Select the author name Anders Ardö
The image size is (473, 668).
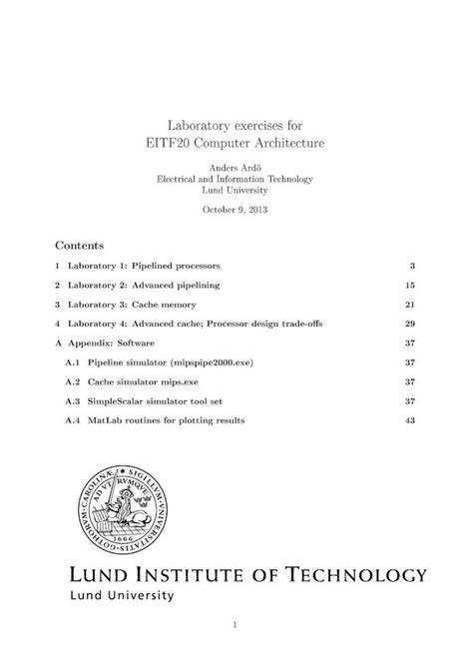point(236,167)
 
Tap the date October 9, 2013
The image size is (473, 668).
point(236,211)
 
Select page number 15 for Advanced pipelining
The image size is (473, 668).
point(409,286)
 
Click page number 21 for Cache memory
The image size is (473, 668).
point(409,305)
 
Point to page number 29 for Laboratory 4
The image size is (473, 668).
point(409,324)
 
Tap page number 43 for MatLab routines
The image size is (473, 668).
point(409,420)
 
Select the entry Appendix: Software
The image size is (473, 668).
point(111,342)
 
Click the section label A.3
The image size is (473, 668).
point(72,400)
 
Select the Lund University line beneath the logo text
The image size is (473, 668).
point(120,595)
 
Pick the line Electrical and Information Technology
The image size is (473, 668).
point(236,179)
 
